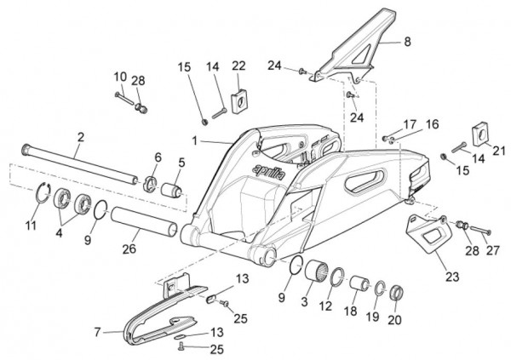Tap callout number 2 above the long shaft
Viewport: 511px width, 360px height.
click(x=81, y=136)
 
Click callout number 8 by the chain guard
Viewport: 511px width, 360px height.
click(x=407, y=41)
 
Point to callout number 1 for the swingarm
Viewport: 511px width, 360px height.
click(x=195, y=139)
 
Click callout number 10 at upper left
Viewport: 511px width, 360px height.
click(x=119, y=77)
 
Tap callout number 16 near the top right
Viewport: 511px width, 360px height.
click(x=432, y=124)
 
